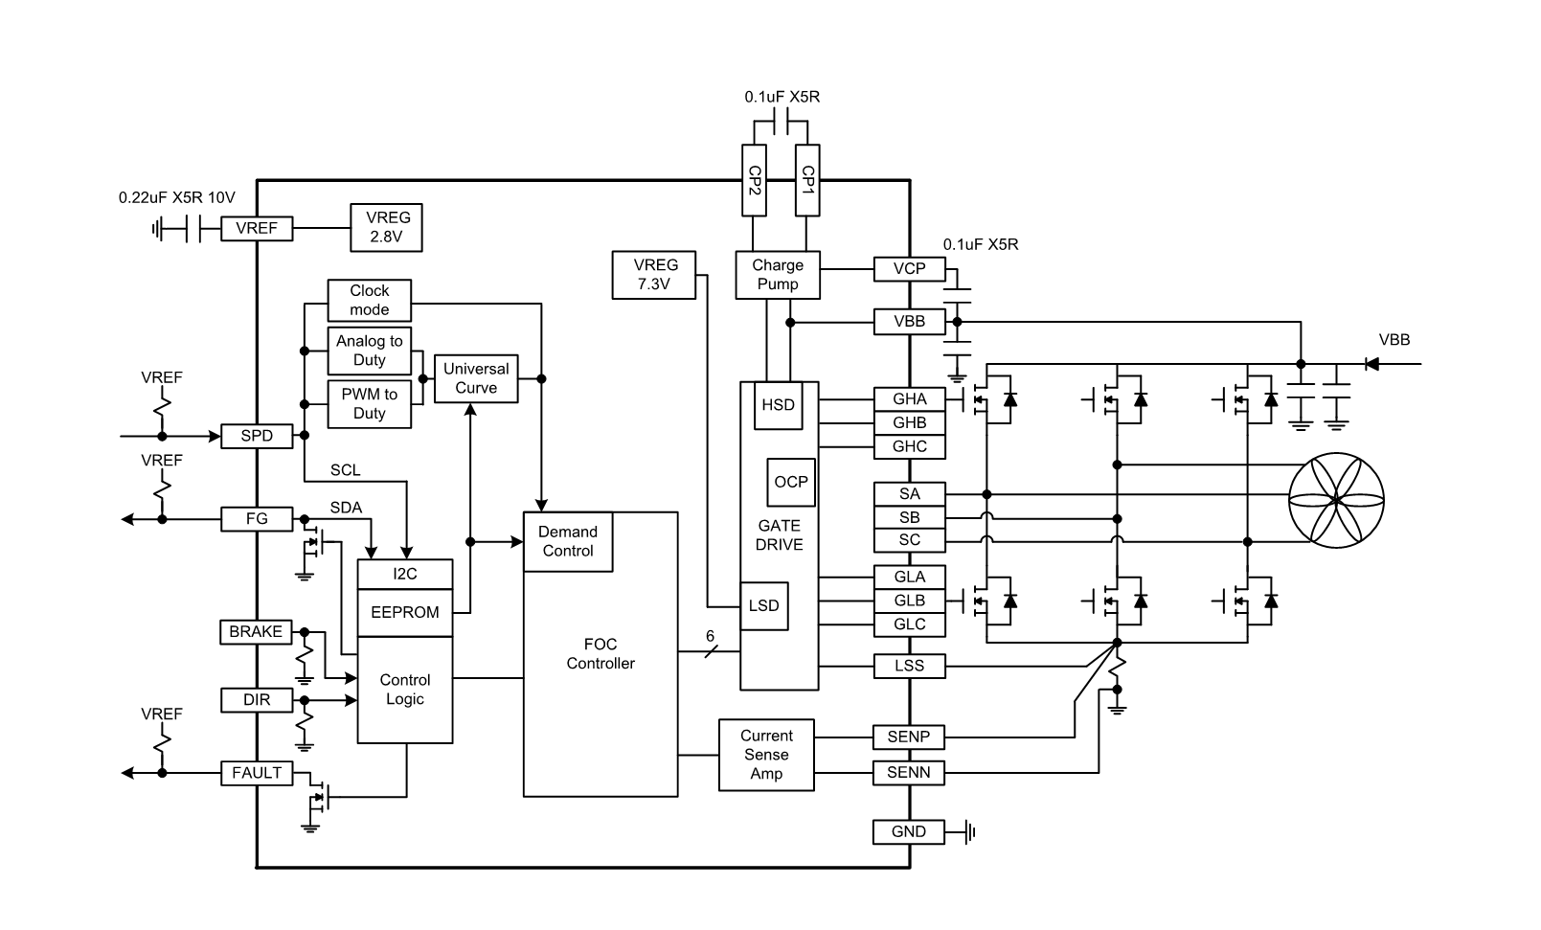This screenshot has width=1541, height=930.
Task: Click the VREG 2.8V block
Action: (x=386, y=228)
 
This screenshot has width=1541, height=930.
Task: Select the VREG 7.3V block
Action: (x=654, y=275)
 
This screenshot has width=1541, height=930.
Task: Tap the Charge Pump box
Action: (x=778, y=275)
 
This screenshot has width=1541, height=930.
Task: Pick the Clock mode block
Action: (x=369, y=300)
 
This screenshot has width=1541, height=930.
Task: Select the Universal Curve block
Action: (x=476, y=378)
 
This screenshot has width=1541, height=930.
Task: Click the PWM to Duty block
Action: (x=369, y=404)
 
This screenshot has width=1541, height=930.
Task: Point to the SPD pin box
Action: (x=257, y=436)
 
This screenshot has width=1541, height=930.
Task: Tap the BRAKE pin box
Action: (x=256, y=632)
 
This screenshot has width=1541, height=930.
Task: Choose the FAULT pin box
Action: (x=257, y=773)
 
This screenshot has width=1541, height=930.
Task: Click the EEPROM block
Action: (x=404, y=613)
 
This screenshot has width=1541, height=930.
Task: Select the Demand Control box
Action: (x=568, y=542)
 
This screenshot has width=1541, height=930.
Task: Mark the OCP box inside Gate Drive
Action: (x=791, y=482)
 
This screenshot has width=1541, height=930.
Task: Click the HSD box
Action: (x=778, y=405)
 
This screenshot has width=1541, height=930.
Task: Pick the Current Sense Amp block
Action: (x=766, y=755)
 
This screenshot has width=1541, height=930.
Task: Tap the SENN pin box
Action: (x=909, y=773)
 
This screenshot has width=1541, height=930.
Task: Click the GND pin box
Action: (x=909, y=831)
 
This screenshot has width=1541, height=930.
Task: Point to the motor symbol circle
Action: (x=1336, y=500)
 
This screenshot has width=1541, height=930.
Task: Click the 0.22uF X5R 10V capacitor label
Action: (x=177, y=198)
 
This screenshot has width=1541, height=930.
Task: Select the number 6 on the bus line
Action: (x=710, y=636)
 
